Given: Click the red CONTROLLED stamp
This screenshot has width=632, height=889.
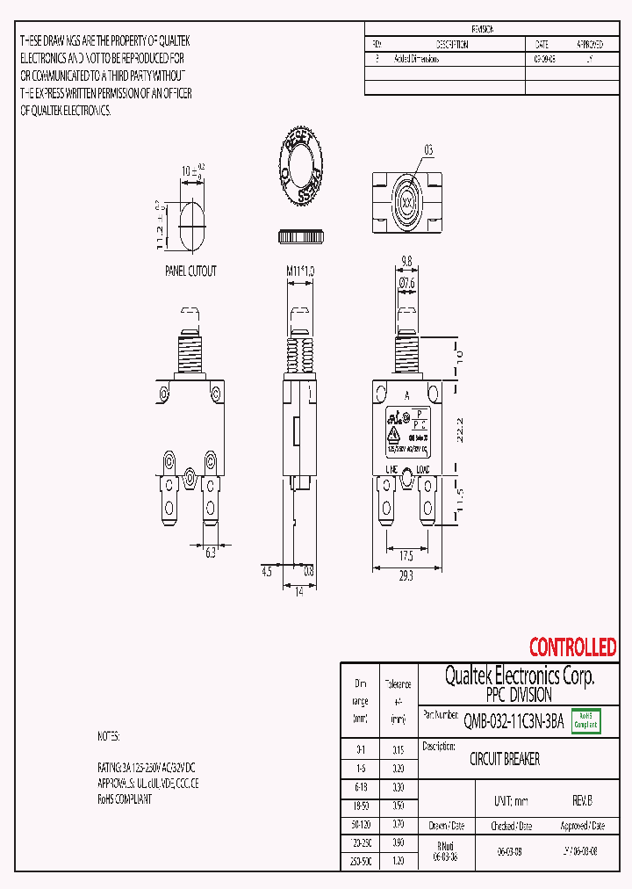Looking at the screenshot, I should point(572,647).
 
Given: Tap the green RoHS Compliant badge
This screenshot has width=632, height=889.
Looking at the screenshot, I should point(586,721).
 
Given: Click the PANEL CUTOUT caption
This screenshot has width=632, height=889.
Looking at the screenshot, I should point(190,271).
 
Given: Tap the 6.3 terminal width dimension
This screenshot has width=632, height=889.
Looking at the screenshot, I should point(211,553).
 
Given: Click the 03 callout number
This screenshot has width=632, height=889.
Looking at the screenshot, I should point(428,151).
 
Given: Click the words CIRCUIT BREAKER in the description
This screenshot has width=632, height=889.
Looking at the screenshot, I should point(505,759).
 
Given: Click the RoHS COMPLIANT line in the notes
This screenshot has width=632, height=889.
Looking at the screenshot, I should point(125,799).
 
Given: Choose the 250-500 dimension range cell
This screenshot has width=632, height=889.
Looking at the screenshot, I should point(361,863).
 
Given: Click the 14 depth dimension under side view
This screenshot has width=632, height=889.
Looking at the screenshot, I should point(298,592).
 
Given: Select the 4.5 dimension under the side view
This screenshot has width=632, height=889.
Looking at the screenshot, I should point(267,571).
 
